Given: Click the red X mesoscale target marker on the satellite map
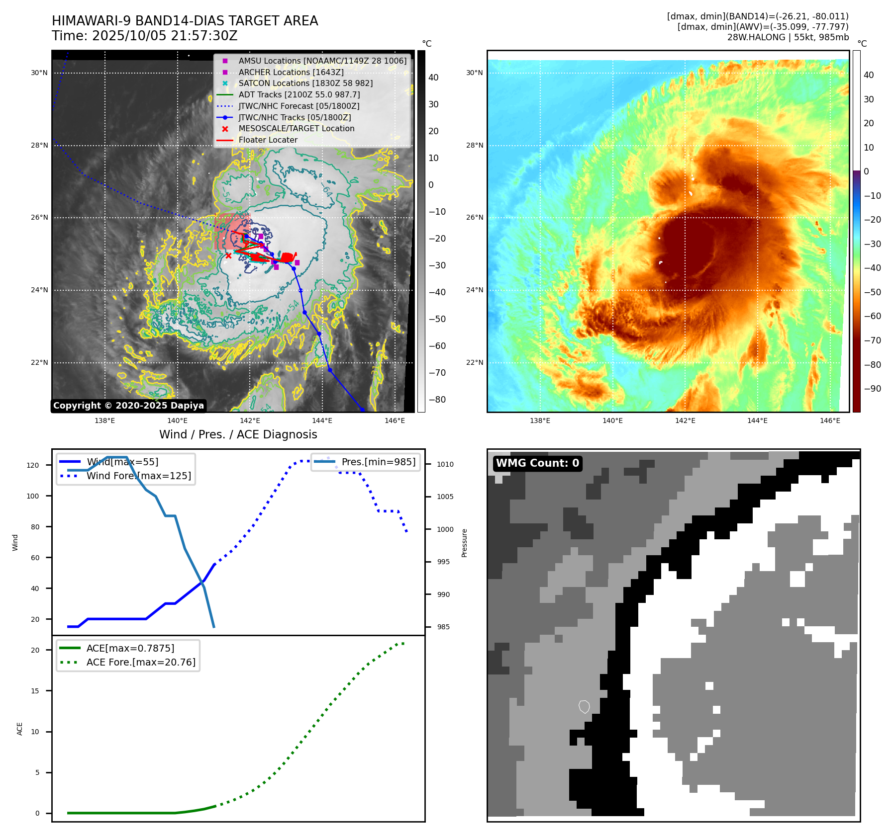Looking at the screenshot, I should pos(228,255).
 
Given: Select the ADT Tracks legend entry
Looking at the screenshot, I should pos(299,94).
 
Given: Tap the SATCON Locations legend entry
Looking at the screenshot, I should pos(305,83).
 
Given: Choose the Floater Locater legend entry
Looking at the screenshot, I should pos(268,140).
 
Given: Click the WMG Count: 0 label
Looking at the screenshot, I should pos(537,463).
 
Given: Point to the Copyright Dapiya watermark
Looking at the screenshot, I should pos(128,406).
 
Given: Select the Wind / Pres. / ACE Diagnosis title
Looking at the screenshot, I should pos(238,434).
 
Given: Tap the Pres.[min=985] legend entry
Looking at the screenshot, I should pos(378,462).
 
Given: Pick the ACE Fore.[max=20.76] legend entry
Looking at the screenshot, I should pos(141,662).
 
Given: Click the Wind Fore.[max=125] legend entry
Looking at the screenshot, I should pos(138,476).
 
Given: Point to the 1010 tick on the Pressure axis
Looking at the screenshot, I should pos(445,464).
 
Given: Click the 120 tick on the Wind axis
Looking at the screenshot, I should pos(33,465).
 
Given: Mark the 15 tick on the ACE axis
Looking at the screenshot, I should pos(35,691).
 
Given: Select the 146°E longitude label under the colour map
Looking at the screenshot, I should pos(830,421).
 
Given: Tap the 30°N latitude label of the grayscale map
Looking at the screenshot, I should pos(39,73).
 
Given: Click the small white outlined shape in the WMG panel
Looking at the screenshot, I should pos(585,706).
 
